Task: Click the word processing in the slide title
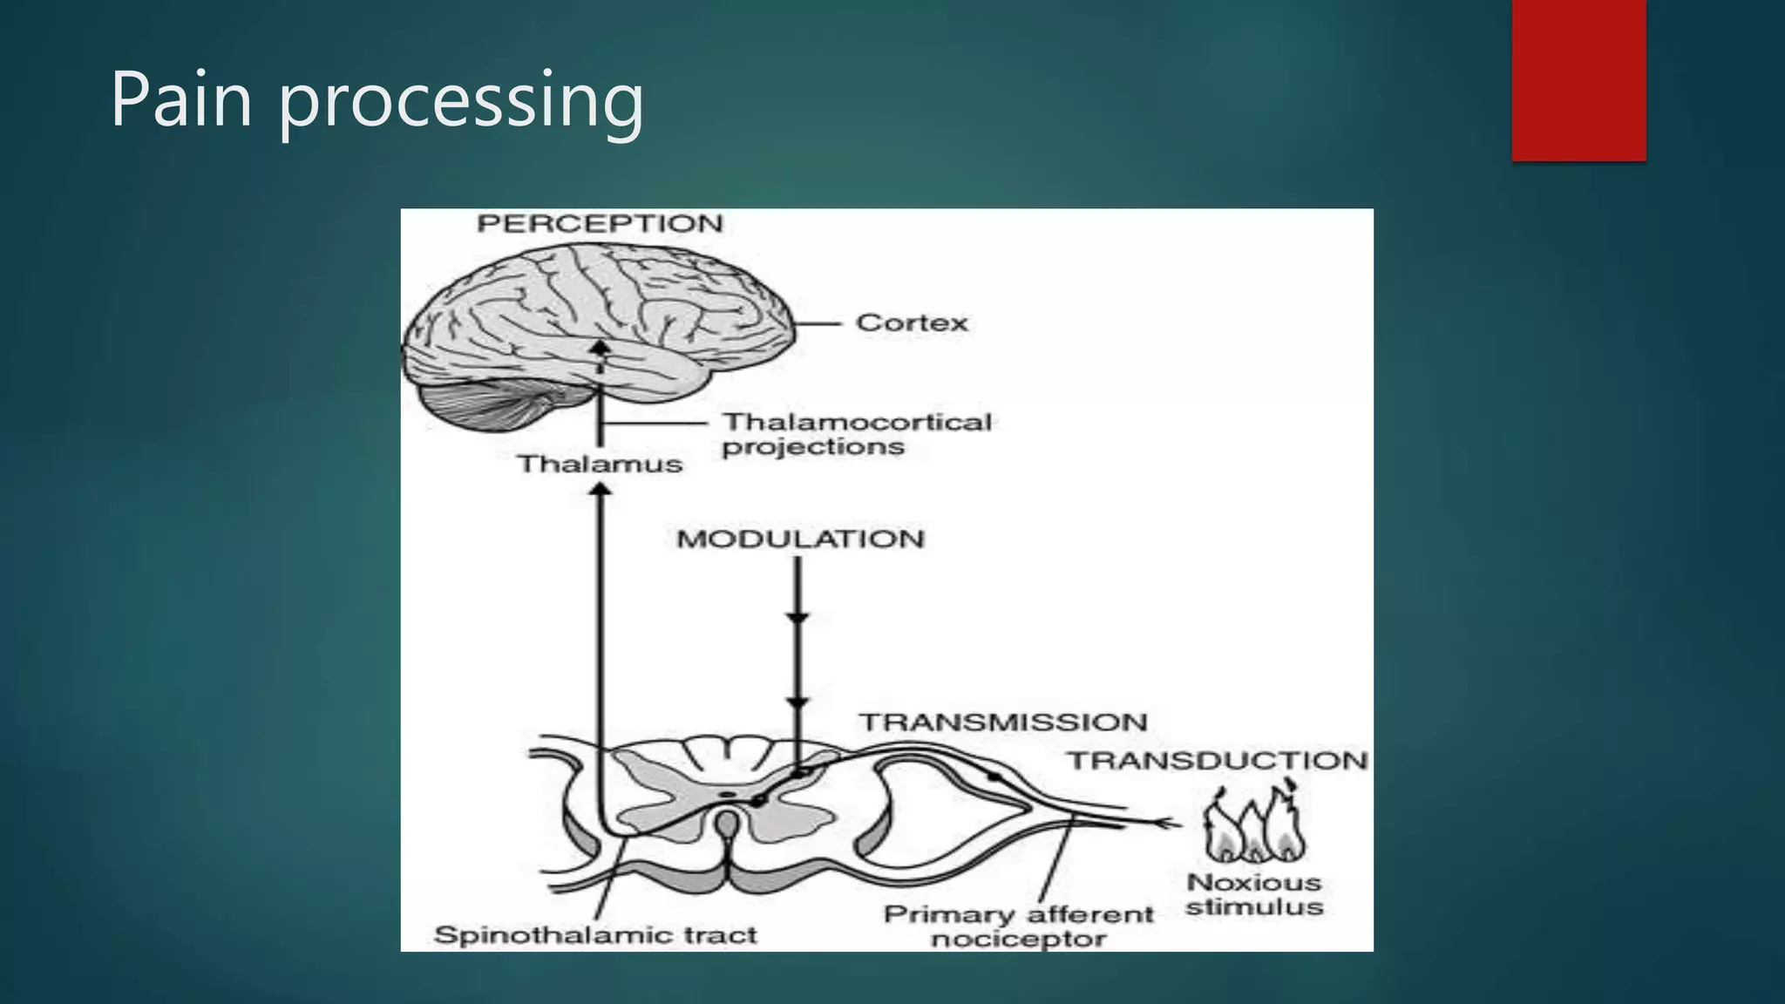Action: (x=461, y=103)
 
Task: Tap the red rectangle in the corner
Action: (x=1578, y=80)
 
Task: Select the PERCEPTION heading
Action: (x=600, y=224)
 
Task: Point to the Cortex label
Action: (x=912, y=323)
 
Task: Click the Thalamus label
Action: (x=600, y=464)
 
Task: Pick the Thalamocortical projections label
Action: (x=857, y=434)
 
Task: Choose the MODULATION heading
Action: (x=800, y=539)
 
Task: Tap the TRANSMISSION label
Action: (x=1003, y=722)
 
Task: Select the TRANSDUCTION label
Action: (x=1218, y=761)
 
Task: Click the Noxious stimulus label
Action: (x=1254, y=895)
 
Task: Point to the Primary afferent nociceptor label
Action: (x=1018, y=926)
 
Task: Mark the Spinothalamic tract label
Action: (x=595, y=935)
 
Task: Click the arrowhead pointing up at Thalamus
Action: (x=600, y=490)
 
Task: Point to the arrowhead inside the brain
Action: (x=599, y=346)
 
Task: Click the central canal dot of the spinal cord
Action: (x=726, y=795)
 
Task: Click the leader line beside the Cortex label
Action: (x=818, y=323)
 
